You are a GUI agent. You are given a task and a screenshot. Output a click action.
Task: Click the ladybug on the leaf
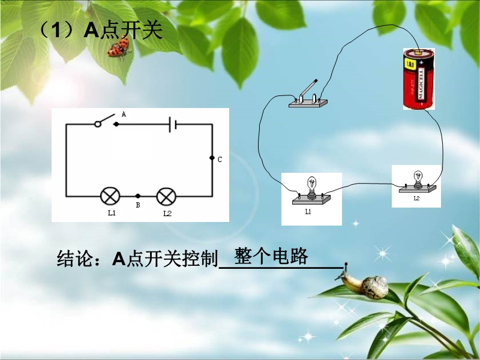pyautogui.click(x=119, y=47)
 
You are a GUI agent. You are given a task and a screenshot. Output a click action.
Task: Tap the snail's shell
pyautogui.click(x=374, y=287)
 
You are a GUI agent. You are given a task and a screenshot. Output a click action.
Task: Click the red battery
pyautogui.click(x=419, y=79)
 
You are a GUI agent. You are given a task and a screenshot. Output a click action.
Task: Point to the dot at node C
pyautogui.click(x=212, y=158)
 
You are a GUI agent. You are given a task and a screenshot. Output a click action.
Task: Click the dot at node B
pyautogui.click(x=138, y=196)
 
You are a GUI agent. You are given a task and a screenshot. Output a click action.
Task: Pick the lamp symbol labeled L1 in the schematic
pyautogui.click(x=110, y=196)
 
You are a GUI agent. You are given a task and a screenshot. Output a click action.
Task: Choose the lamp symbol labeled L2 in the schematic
pyautogui.click(x=166, y=196)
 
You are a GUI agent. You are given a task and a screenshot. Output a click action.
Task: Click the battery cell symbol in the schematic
pyautogui.click(x=173, y=124)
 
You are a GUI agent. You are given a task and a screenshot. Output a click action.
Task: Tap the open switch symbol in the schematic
pyautogui.click(x=106, y=121)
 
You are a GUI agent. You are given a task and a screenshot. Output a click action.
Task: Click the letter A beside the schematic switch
pyautogui.click(x=124, y=114)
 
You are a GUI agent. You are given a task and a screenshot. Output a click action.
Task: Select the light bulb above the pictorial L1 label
pyautogui.click(x=311, y=187)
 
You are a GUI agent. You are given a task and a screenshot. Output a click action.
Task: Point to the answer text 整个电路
pyautogui.click(x=271, y=256)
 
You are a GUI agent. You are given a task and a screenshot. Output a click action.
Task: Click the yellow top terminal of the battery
pyautogui.click(x=418, y=52)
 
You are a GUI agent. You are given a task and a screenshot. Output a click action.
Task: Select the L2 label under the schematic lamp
pyautogui.click(x=167, y=214)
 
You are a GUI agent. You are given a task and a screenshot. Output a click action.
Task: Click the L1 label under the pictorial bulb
pyautogui.click(x=308, y=212)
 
